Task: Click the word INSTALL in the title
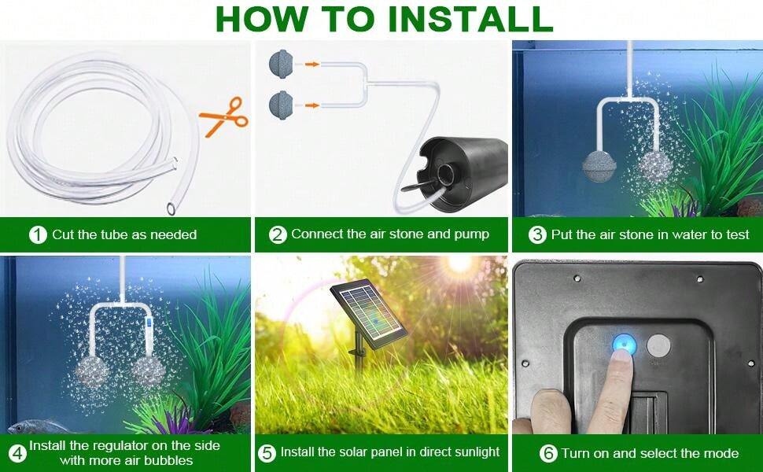[x=470, y=19]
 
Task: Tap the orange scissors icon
[x=224, y=116]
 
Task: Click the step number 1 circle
[x=38, y=234]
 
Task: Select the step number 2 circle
[x=278, y=234]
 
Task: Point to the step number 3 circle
[x=538, y=234]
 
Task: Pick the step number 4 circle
[x=17, y=453]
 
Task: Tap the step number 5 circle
[x=267, y=453]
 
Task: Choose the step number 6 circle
[x=548, y=453]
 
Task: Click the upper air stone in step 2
[x=281, y=63]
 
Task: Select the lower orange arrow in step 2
[x=312, y=105]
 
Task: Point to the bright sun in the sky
[x=460, y=264]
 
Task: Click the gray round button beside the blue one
[x=658, y=345]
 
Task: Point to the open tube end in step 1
[x=171, y=208]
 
